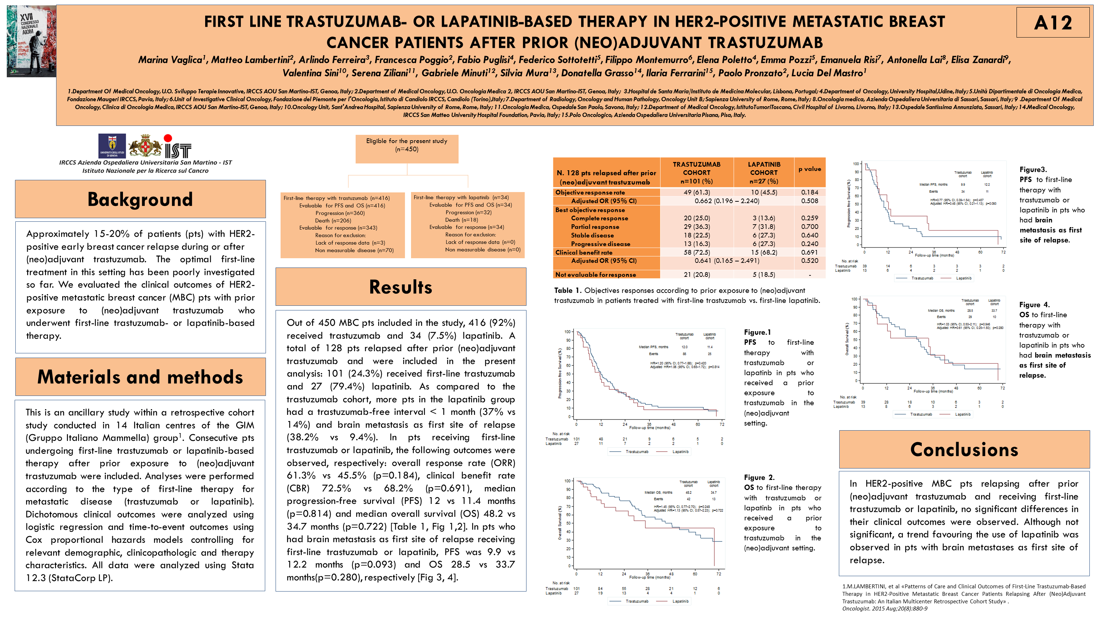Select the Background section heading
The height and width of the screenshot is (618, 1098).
coord(140,199)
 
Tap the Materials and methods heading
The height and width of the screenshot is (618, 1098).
coord(140,377)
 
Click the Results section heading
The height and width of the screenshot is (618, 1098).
coord(400,286)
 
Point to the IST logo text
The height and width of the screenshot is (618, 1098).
coord(178,150)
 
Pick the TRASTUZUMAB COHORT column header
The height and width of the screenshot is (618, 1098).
coord(697,172)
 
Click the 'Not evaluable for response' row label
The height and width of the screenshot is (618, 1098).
coord(595,275)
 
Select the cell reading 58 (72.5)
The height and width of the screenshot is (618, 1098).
coord(697,252)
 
